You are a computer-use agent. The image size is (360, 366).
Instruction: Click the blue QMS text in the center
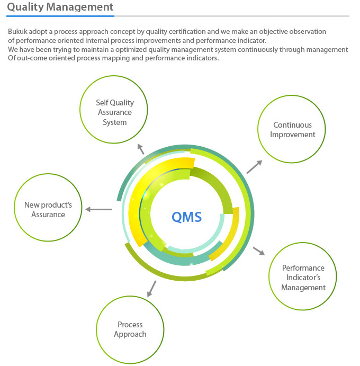[x=187, y=217]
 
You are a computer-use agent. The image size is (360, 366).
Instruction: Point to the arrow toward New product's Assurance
[x=98, y=209]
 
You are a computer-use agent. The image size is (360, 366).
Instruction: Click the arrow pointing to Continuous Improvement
[x=254, y=167]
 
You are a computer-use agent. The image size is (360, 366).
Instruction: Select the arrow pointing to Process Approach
[x=151, y=289]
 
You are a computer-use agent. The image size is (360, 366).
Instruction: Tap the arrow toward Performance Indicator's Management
[x=259, y=251]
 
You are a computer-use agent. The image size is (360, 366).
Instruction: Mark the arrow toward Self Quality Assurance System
[x=141, y=149]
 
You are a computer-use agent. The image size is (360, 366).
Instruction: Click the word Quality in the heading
[x=25, y=7]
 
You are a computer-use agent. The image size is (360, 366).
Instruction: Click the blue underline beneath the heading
[x=60, y=16]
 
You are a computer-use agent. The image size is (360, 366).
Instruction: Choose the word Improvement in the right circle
[x=293, y=135]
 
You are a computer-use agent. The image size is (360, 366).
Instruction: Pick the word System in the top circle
[x=115, y=122]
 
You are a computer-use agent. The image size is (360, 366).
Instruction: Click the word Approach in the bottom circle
[x=130, y=335]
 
